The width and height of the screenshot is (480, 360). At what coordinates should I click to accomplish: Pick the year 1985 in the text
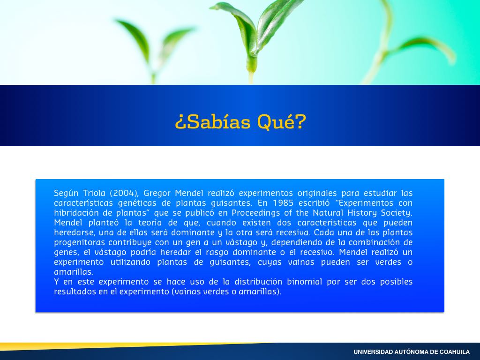pos(283,203)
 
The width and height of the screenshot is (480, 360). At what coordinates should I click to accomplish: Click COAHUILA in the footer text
pos(455,352)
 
